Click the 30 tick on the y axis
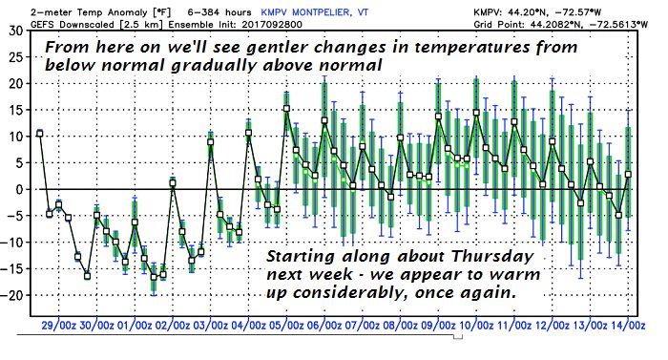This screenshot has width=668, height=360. click(16, 31)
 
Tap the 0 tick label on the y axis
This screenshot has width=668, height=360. click(20, 189)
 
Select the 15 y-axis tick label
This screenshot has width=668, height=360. click(16, 110)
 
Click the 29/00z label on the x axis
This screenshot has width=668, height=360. click(59, 326)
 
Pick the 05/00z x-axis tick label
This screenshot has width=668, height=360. click(285, 326)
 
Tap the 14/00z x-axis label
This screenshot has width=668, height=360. click(627, 326)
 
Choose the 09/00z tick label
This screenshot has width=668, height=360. click(437, 326)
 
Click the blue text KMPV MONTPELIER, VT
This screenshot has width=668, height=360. click(314, 12)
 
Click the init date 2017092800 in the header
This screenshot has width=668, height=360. click(272, 24)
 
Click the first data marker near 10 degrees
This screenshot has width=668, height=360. click(40, 134)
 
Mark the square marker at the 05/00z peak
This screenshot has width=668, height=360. click(286, 109)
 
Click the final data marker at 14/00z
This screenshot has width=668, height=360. click(628, 175)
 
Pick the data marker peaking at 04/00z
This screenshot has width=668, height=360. click(249, 133)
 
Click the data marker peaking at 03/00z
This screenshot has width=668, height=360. click(211, 142)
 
